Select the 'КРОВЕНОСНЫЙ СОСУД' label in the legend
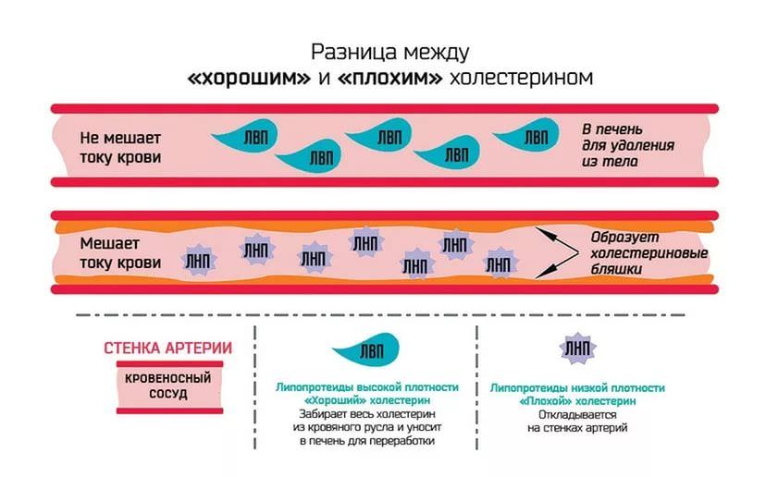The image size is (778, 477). coord(167,385)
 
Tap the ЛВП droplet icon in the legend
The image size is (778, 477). coord(366,349)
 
